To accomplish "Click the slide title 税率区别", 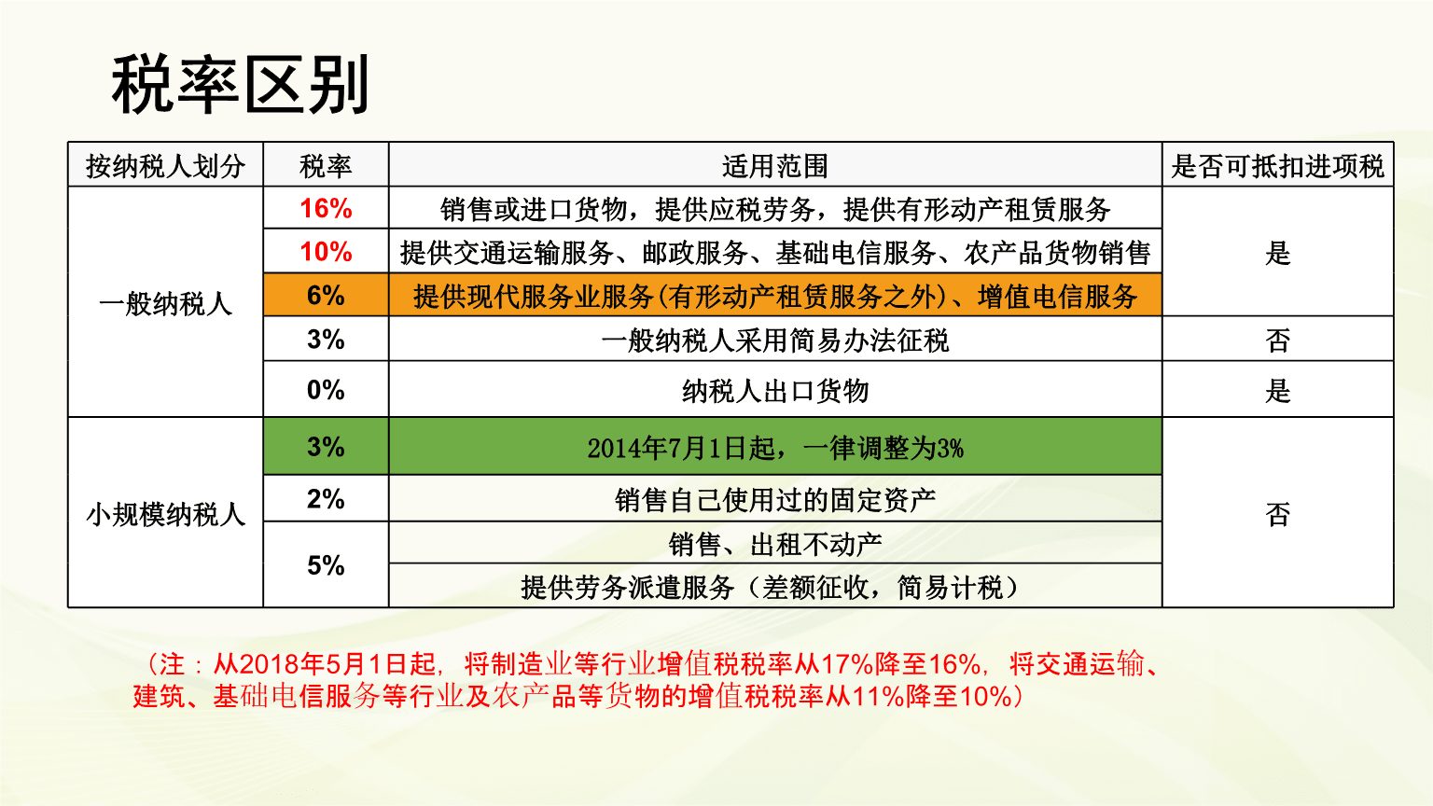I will point(241,85).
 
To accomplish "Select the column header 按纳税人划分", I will point(165,166).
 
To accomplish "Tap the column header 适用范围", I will point(774,166).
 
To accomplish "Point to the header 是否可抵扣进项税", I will point(1277,166).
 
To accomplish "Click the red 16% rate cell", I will point(326,208).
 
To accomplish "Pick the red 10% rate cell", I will point(326,252).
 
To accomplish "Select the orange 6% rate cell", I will point(326,296).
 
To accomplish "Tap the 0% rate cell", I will point(326,390).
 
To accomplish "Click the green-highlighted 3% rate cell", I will point(326,447).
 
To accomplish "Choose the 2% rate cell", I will point(326,499).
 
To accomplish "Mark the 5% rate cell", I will point(326,565).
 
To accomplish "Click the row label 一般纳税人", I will point(165,303).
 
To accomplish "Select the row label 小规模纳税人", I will point(165,514).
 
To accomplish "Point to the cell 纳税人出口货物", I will point(774,391).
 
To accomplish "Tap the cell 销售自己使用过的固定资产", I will point(774,500).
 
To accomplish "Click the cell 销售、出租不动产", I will point(774,544).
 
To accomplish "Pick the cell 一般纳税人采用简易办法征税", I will point(774,340).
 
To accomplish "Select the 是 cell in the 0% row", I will point(1277,391).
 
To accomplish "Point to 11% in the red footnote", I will point(878,696).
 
